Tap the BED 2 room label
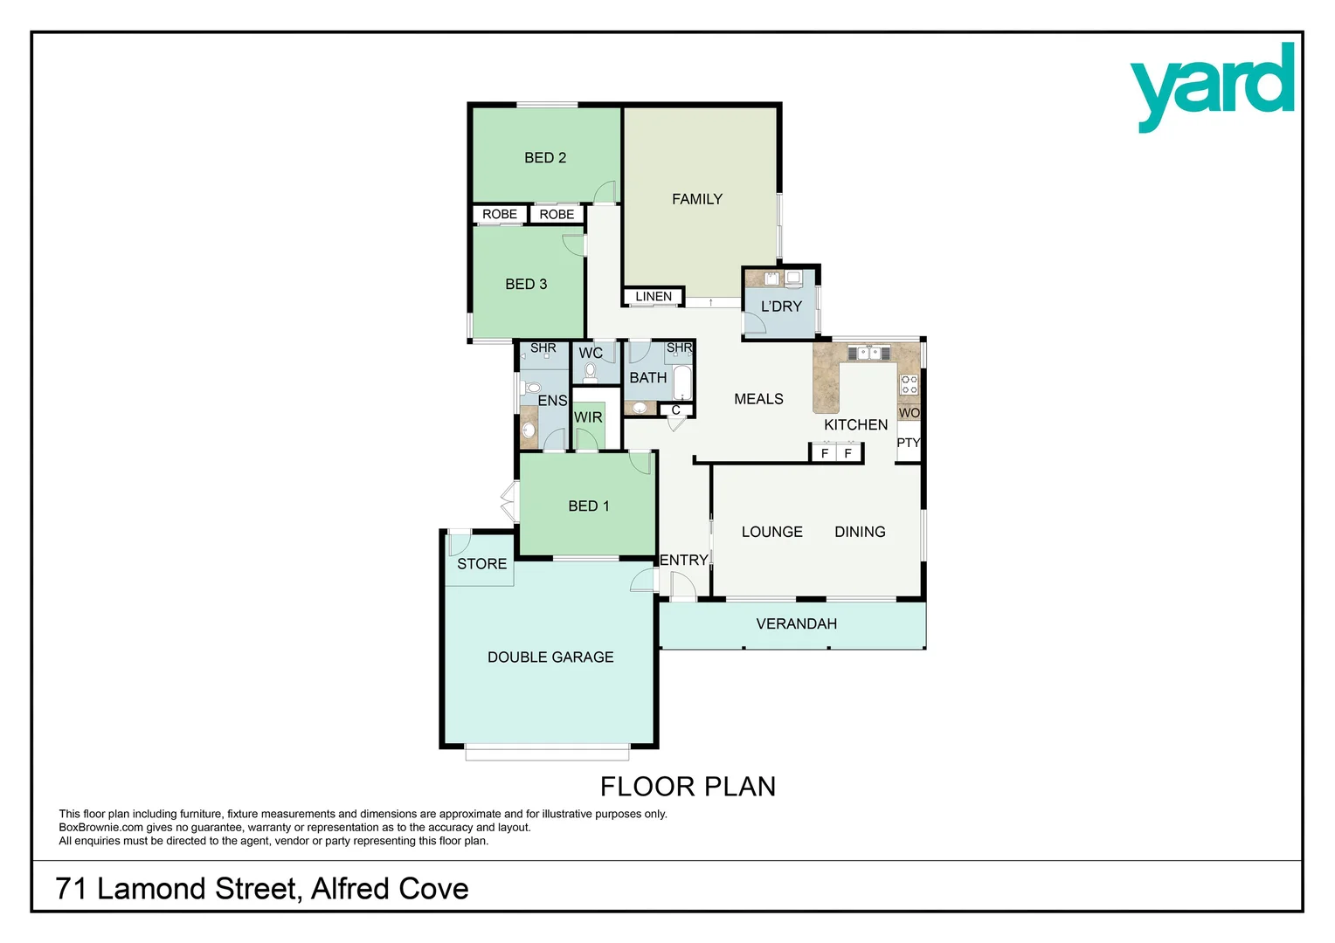point(545,158)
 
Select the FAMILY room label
point(696,199)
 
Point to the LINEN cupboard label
point(654,297)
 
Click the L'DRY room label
point(780,306)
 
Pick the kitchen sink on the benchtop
point(868,353)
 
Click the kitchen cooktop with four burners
point(909,384)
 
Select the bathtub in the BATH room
point(682,382)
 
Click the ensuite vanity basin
point(528,430)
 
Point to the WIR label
point(588,417)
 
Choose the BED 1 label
point(588,506)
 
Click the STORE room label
point(481,564)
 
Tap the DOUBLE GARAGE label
point(550,657)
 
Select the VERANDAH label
point(796,623)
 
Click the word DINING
point(860,532)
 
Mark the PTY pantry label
point(908,443)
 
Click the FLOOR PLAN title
point(688,787)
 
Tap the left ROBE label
point(499,214)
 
